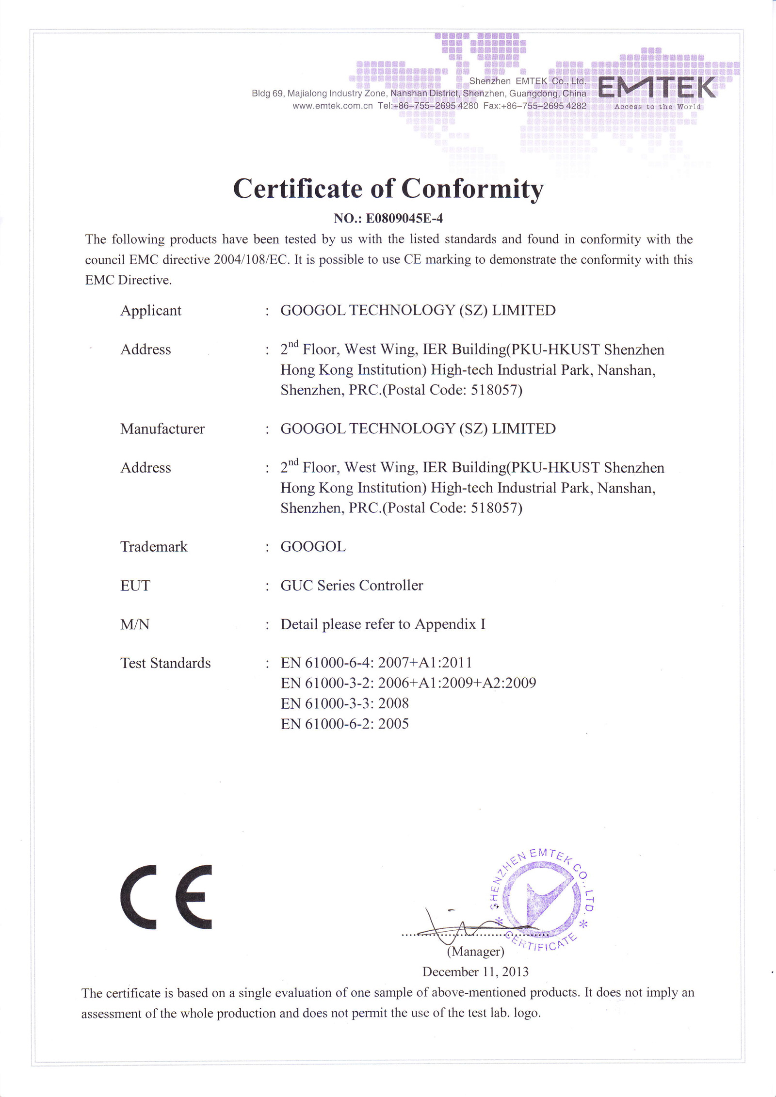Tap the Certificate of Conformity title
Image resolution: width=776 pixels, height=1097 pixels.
[x=388, y=189]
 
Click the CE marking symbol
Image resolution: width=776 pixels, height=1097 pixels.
[x=166, y=897]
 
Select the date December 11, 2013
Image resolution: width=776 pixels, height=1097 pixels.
[x=475, y=971]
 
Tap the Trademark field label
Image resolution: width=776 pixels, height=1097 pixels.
[x=154, y=547]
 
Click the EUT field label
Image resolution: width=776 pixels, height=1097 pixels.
[x=135, y=586]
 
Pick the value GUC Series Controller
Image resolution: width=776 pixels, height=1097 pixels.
[x=352, y=586]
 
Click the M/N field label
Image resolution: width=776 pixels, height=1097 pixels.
[x=135, y=624]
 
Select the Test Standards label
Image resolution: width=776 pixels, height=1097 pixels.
[x=165, y=663]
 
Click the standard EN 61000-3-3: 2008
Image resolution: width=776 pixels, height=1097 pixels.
[x=344, y=703]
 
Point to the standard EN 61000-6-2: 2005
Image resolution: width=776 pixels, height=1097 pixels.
[x=344, y=724]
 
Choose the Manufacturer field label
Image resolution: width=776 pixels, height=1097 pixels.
[x=162, y=429]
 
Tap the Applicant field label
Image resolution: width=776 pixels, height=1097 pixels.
[x=151, y=310]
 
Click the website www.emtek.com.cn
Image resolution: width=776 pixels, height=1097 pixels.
[x=332, y=106]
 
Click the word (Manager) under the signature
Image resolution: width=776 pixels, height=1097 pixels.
[x=475, y=952]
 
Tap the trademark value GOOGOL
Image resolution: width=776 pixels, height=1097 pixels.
[x=313, y=547]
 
